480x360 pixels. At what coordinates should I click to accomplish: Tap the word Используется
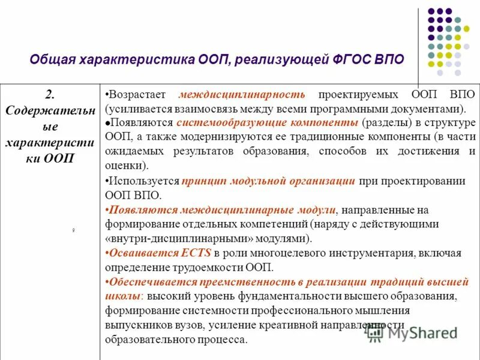pos(143,181)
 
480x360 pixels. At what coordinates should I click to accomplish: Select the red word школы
pos(123,296)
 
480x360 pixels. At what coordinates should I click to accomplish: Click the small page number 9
pos(73,230)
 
